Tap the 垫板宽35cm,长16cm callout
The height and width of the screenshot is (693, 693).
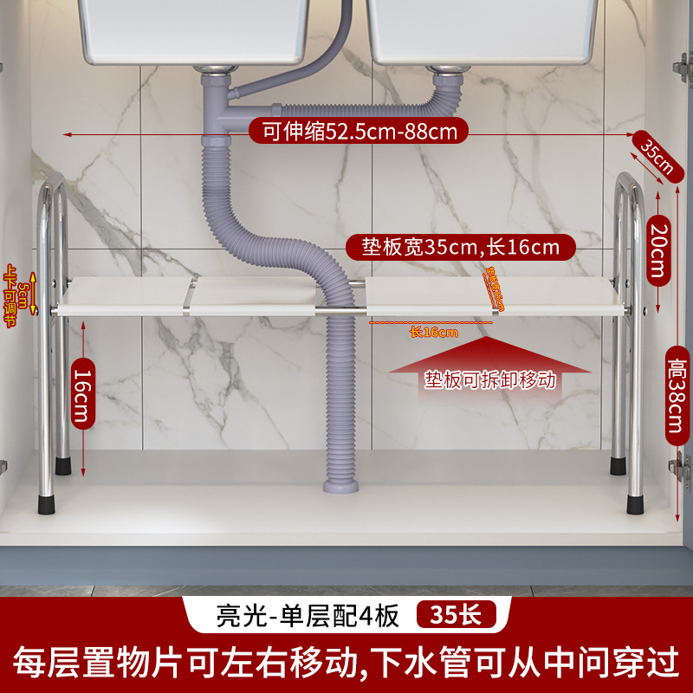click(459, 247)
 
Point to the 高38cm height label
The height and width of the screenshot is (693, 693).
click(677, 390)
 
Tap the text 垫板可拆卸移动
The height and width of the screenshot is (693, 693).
click(489, 379)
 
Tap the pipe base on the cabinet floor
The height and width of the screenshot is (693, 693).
click(340, 485)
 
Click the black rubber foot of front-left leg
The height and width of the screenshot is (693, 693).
click(45, 502)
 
